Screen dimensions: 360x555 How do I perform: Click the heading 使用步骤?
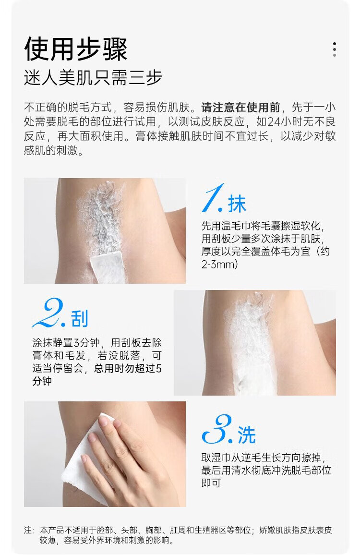(75, 49)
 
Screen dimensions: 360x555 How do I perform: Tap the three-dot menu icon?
(334, 49)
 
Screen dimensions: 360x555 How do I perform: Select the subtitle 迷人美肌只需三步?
(93, 77)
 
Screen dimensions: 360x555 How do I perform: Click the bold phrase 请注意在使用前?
(240, 107)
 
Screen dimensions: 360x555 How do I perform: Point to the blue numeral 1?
(212, 198)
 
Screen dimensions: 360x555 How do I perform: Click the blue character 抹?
(237, 204)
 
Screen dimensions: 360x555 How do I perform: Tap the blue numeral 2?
(48, 313)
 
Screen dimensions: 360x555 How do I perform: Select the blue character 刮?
(80, 319)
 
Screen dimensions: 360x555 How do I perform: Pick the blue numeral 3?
(217, 429)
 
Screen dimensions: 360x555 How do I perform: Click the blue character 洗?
(246, 435)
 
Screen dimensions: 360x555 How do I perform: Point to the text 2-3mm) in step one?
(219, 264)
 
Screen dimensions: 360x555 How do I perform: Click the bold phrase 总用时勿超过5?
(128, 368)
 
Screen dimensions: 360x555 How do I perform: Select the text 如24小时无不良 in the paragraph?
(296, 122)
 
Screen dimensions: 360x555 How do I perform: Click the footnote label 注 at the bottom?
(28, 530)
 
